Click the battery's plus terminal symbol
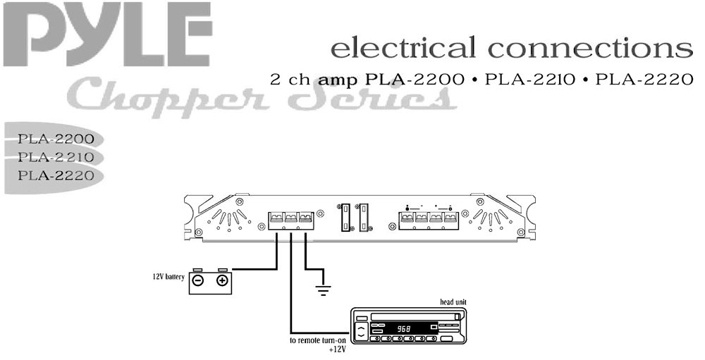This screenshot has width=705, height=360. click(x=222, y=281)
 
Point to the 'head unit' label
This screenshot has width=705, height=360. click(x=452, y=303)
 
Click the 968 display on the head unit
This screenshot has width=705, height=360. click(x=404, y=328)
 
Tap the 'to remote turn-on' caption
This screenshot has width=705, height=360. click(x=319, y=340)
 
